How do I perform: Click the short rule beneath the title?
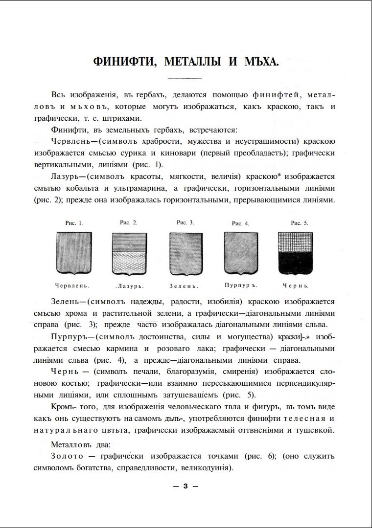pos(185,79)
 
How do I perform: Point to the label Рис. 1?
pos(74,223)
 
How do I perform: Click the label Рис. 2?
pos(129,222)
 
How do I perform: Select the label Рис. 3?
pos(186,222)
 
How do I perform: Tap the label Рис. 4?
pos(240,223)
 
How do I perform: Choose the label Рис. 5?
pos(300,223)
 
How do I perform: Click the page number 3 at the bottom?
pos(186,486)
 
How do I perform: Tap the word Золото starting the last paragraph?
pos(67,456)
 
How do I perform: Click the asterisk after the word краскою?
pos(278,176)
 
